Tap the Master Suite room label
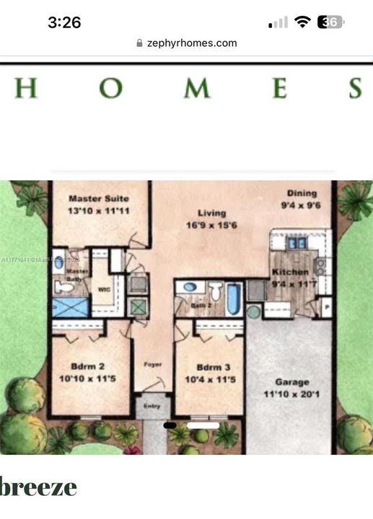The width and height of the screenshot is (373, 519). point(98,198)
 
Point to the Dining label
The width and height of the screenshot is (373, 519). point(302,193)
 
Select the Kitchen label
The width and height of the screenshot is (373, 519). point(290,272)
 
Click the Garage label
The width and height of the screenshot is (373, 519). point(291,382)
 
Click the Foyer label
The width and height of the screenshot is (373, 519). point(152,365)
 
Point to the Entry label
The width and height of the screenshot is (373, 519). point(152,407)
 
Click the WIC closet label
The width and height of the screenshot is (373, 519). point(103,291)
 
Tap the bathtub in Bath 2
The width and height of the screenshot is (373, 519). point(234,298)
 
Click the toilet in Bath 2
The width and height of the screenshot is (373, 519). point(215,292)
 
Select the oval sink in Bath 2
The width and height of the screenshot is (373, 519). point(190,288)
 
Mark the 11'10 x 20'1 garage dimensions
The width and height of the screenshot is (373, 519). point(291,394)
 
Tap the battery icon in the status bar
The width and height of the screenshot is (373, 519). point(330,22)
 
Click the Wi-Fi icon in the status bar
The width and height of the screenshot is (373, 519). point(302,22)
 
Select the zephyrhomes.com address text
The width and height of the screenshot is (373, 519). point(192,43)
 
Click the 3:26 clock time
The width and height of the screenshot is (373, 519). point(64,22)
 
